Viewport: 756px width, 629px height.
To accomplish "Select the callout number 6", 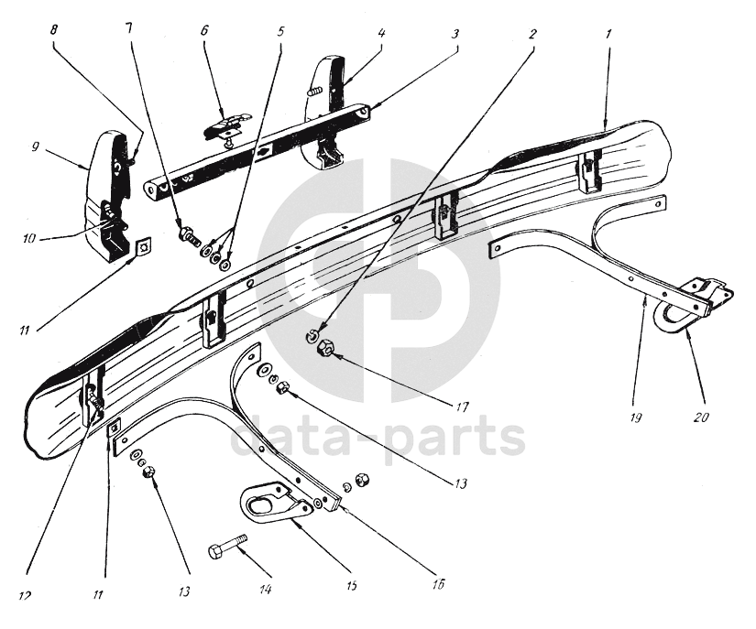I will (x=204, y=30).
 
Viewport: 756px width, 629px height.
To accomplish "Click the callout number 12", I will (x=24, y=595).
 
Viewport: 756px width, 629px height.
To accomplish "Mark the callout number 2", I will (x=532, y=33).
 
